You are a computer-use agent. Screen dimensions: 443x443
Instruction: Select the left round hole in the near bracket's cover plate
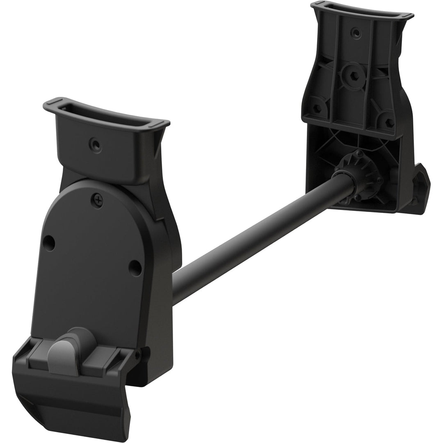pos(49,243)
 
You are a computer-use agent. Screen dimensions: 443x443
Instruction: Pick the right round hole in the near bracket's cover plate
pos(135,268)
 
